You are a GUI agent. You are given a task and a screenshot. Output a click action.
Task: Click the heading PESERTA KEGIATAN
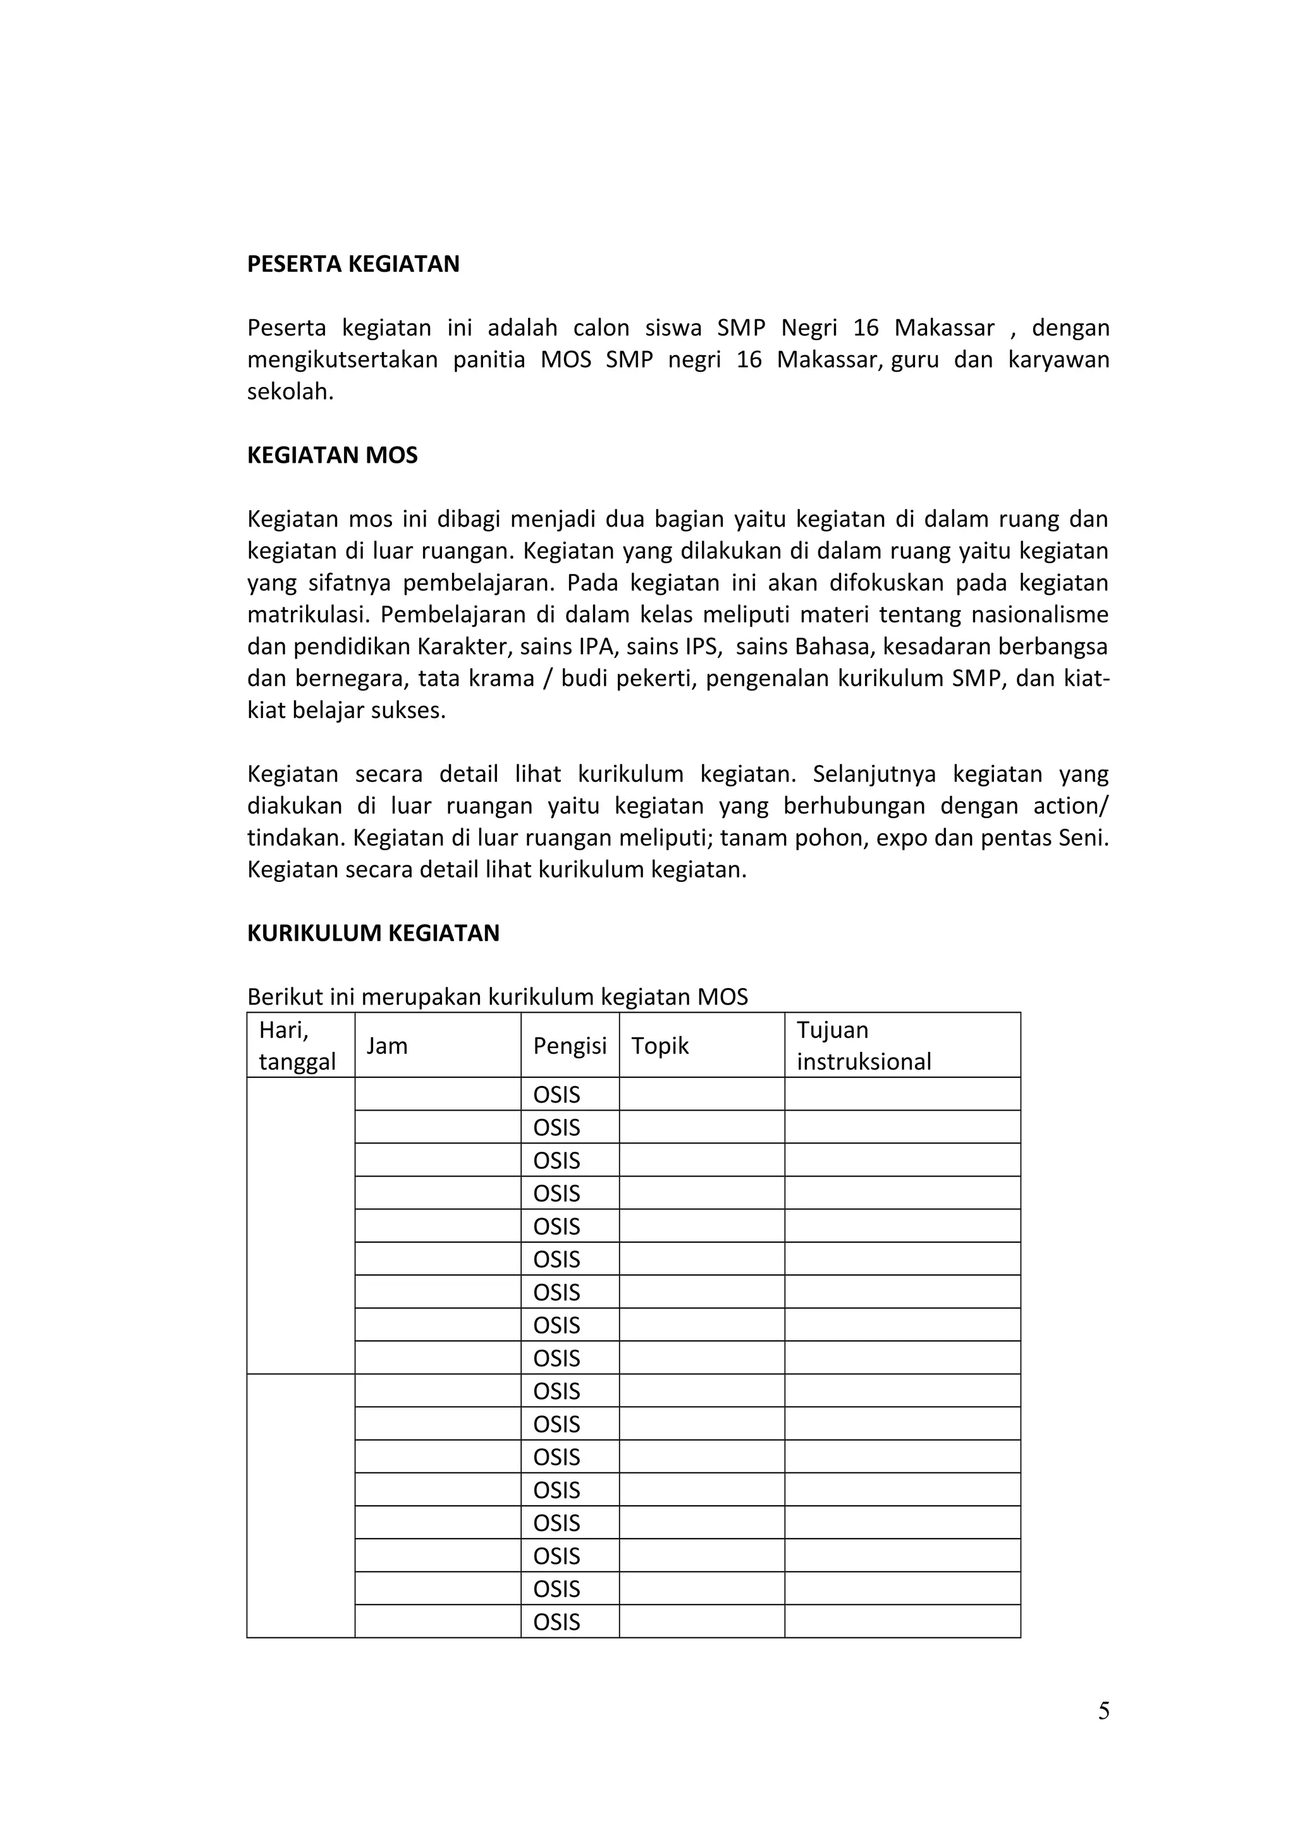click(x=353, y=264)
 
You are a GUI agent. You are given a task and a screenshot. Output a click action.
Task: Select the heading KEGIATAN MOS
click(x=332, y=456)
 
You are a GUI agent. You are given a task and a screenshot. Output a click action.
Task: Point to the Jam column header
click(x=387, y=1046)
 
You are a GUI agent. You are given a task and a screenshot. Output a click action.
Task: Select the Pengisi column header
click(x=570, y=1046)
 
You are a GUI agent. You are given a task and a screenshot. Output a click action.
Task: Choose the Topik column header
click(x=660, y=1046)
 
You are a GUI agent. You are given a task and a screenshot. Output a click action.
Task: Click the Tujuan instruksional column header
click(x=863, y=1046)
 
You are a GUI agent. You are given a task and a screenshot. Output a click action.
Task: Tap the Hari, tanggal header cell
click(x=297, y=1046)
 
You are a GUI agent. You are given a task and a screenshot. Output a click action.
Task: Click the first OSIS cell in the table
click(x=556, y=1095)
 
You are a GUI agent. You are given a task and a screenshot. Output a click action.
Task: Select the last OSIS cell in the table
click(x=556, y=1622)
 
